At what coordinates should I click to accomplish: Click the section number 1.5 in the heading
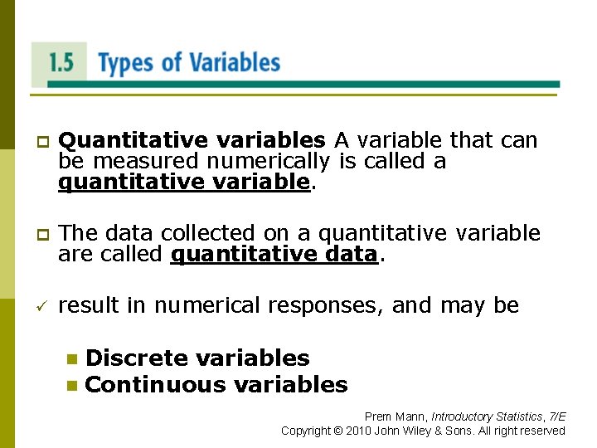pos(61,63)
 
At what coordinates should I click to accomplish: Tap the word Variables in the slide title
pos(235,63)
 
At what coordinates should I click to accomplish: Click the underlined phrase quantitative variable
pos(183,181)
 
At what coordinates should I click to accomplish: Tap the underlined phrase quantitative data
pos(274,254)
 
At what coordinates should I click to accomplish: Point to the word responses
pos(326,305)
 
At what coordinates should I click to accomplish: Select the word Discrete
pos(136,358)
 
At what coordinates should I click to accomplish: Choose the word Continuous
pos(155,385)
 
